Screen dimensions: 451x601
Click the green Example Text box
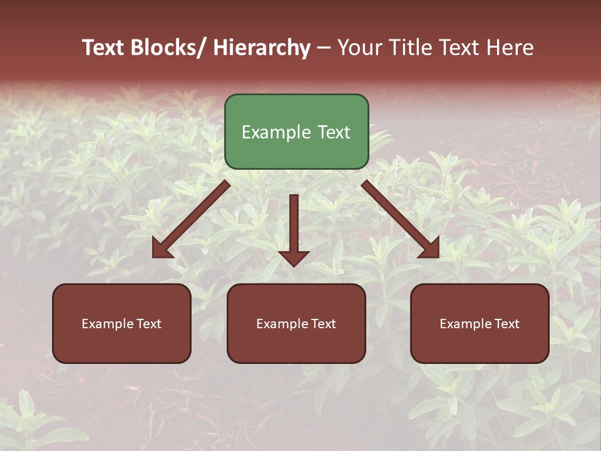(296, 132)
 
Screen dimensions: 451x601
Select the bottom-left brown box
(121, 323)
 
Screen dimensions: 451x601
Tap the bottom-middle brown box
(296, 323)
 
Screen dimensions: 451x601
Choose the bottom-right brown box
(480, 323)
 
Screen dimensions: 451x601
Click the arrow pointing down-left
(191, 219)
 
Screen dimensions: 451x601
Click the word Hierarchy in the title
(262, 48)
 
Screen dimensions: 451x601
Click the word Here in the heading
(510, 48)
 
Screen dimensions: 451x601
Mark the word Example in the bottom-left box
(107, 324)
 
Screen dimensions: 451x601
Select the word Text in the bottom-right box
(506, 324)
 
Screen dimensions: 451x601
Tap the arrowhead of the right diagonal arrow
(431, 249)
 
